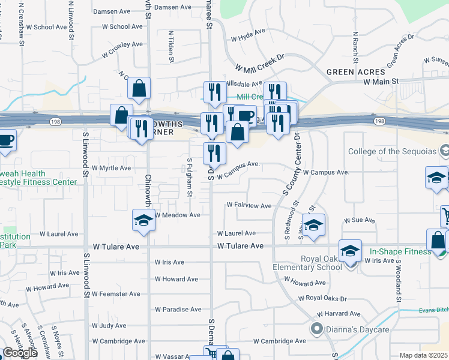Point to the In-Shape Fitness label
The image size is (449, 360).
[x=400, y=251]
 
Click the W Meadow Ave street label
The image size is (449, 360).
[x=177, y=215]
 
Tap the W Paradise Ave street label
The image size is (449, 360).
[x=178, y=310]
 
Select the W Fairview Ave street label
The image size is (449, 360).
[x=249, y=205]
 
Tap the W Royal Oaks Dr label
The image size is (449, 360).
[x=322, y=298]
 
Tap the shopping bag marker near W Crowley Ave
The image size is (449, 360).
[x=139, y=89]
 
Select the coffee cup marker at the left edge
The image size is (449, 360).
[x=5, y=140]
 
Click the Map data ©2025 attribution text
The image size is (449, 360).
[x=424, y=355]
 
